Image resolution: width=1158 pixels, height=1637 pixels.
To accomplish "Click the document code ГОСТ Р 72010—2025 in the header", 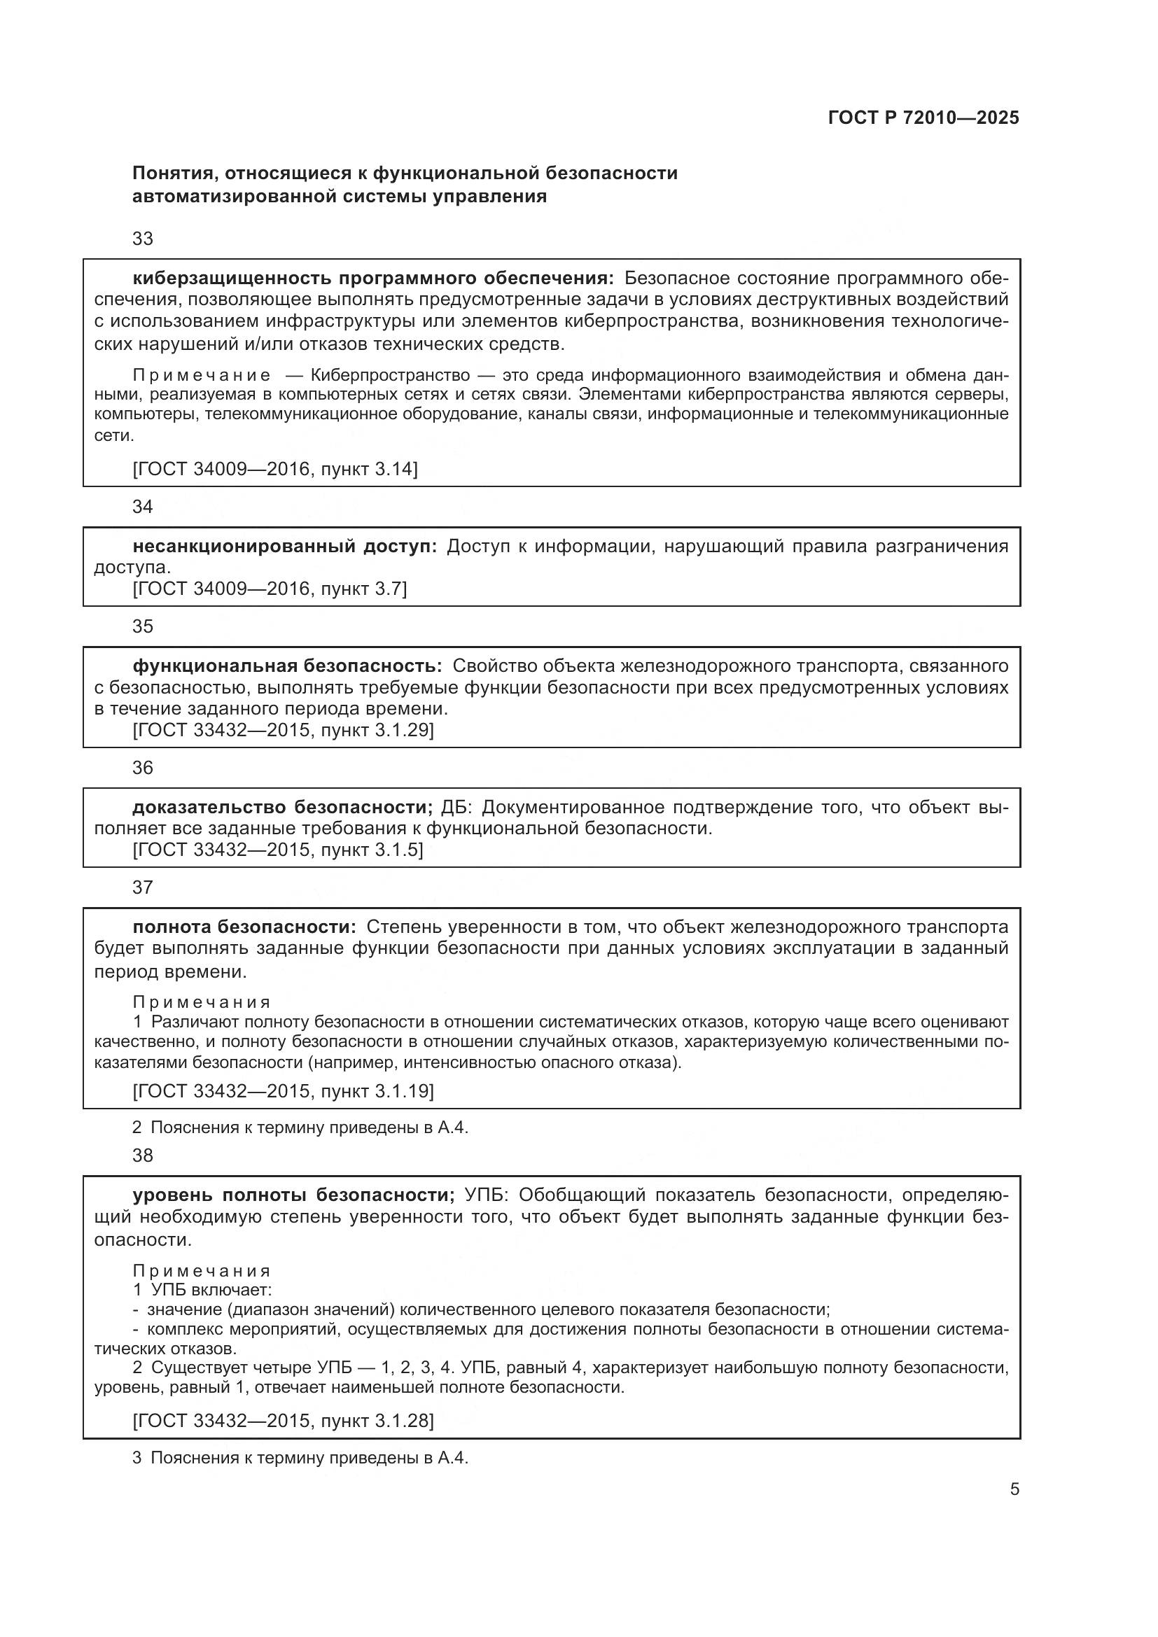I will pyautogui.click(x=923, y=118).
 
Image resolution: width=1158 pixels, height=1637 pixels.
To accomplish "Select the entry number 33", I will pyautogui.click(x=143, y=239).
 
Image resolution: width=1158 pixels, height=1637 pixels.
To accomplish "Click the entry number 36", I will pyautogui.click(x=143, y=768).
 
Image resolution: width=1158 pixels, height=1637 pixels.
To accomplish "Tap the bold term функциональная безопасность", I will pyautogui.click(x=286, y=666).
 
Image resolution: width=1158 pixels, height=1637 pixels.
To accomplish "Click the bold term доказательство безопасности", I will pyautogui.click(x=282, y=807).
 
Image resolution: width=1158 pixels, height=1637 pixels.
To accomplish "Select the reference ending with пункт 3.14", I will pyautogui.click(x=275, y=469).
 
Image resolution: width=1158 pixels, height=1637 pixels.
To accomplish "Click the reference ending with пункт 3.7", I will pyautogui.click(x=270, y=589).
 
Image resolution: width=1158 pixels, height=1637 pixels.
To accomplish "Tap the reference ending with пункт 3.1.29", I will pyautogui.click(x=283, y=730).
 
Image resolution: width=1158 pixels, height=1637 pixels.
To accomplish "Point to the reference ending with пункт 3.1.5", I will pyautogui.click(x=278, y=850).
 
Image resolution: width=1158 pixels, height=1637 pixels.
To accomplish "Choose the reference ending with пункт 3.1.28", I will pyautogui.click(x=283, y=1401).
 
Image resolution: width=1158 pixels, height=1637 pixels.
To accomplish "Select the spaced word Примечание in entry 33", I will pyautogui.click(x=202, y=376).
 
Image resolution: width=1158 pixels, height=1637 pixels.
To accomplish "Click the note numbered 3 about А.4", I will pyautogui.click(x=300, y=1457).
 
